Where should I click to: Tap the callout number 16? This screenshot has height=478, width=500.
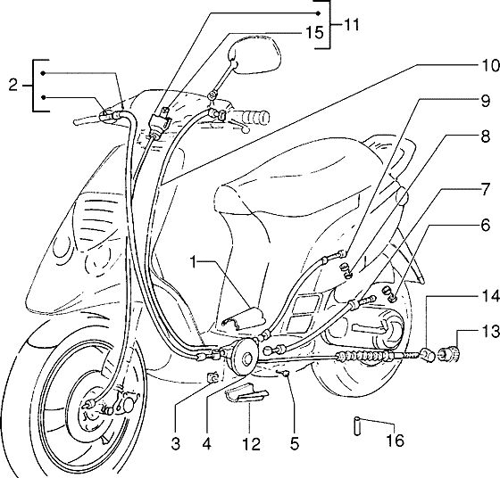[x=395, y=441]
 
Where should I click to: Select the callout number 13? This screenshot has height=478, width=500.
[x=490, y=331]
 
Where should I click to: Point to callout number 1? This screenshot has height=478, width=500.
[x=193, y=261]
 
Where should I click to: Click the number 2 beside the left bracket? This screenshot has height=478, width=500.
[x=13, y=85]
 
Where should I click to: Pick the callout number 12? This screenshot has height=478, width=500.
[x=251, y=443]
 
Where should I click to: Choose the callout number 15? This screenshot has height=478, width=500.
[x=314, y=32]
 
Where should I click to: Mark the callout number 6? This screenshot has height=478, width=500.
[x=486, y=226]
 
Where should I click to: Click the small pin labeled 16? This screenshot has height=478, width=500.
[x=357, y=425]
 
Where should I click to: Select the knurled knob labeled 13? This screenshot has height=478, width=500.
[x=450, y=355]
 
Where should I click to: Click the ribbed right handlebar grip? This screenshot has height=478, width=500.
[x=250, y=117]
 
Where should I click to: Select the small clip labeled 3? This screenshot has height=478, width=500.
[x=213, y=377]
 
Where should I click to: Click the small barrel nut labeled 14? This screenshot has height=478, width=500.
[x=428, y=356]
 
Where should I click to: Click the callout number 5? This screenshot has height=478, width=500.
[x=295, y=443]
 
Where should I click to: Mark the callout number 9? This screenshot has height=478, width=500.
[x=486, y=102]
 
